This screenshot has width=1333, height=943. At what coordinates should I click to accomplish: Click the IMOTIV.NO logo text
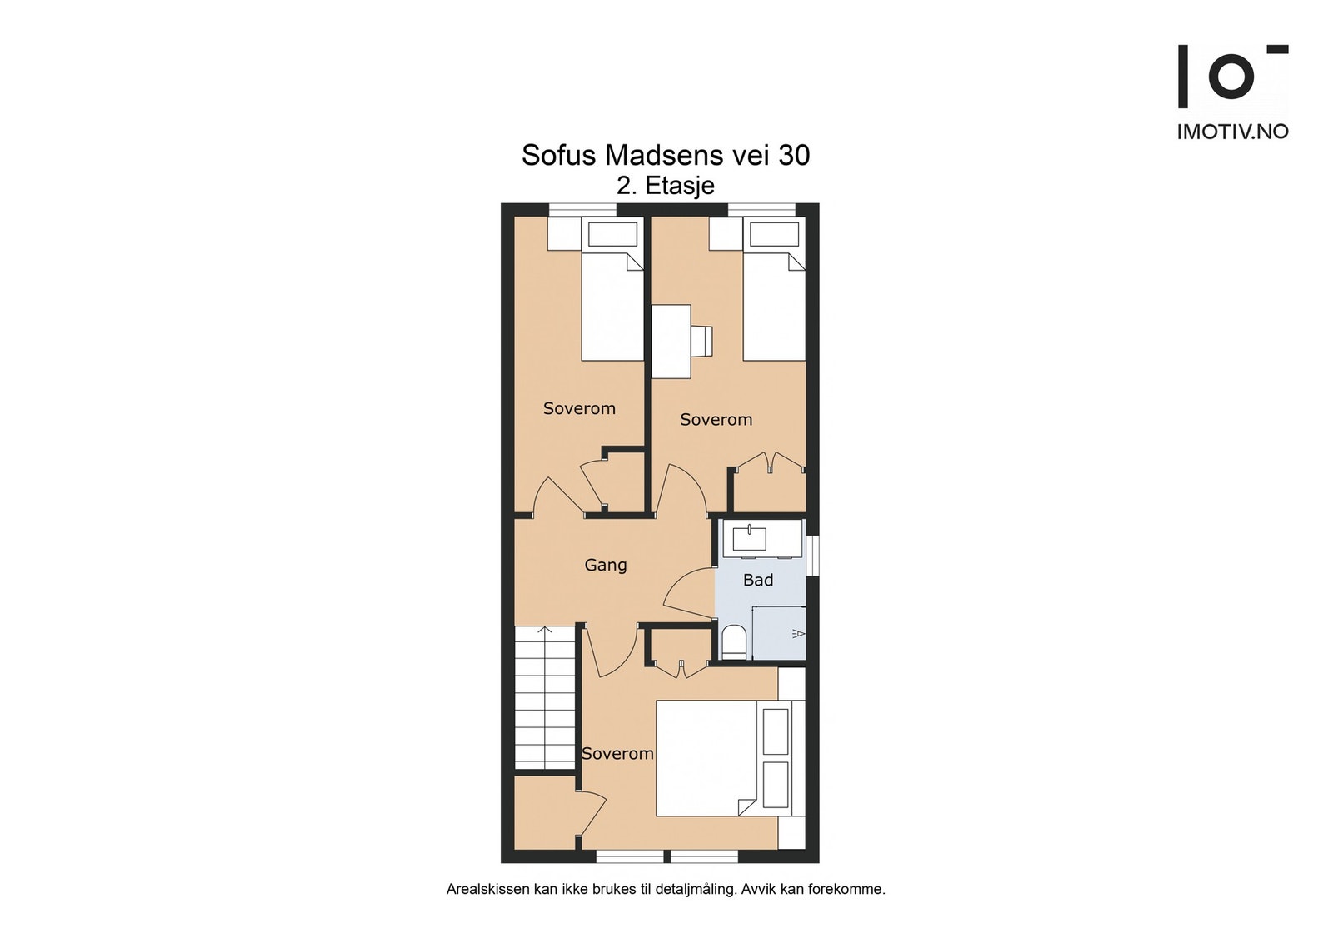tap(1232, 132)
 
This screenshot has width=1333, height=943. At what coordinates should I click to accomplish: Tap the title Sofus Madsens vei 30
tap(665, 155)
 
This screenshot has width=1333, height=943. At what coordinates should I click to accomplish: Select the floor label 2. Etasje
tap(665, 185)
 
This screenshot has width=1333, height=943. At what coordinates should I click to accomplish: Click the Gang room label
tap(605, 565)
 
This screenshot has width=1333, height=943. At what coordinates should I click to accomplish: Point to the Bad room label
tap(758, 580)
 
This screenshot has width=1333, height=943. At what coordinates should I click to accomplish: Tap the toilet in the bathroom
tap(733, 643)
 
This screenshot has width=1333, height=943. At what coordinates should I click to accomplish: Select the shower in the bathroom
tap(780, 633)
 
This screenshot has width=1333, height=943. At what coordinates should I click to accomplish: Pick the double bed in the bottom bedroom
tap(708, 758)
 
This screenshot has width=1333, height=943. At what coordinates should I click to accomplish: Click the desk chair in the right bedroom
tap(701, 340)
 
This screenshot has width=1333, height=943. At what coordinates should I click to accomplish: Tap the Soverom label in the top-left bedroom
tap(579, 408)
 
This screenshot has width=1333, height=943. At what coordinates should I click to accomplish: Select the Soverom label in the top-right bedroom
tap(716, 420)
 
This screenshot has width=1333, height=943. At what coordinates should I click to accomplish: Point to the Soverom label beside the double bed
tap(617, 753)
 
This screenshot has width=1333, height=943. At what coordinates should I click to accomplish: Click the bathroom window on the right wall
tap(814, 554)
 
